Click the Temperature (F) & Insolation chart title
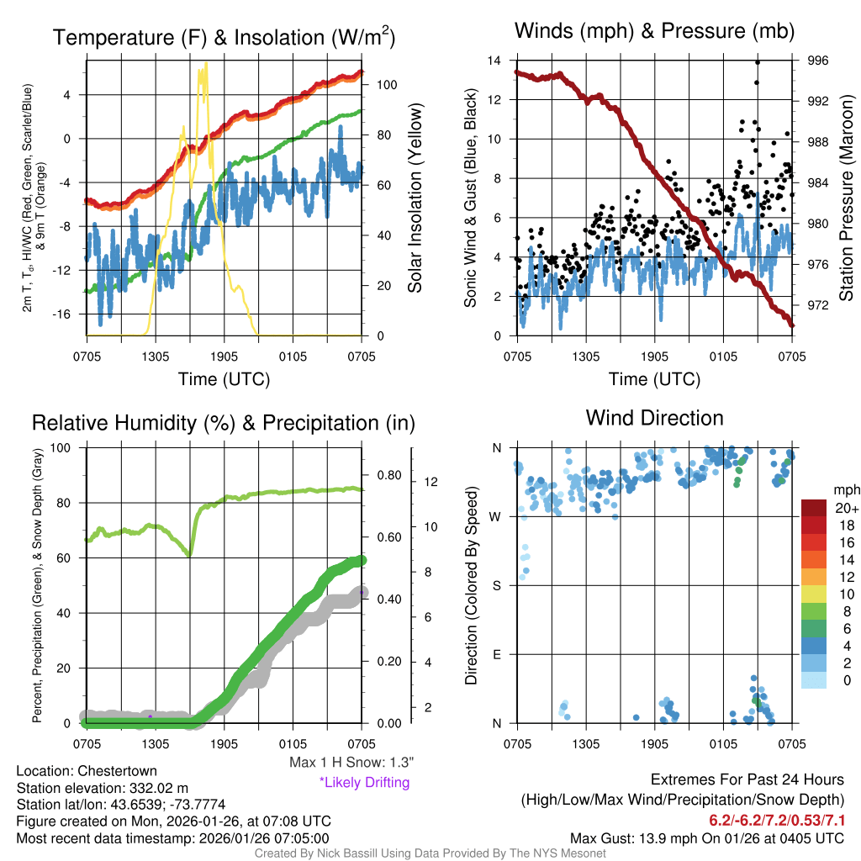[224, 37]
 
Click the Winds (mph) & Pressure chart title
[654, 31]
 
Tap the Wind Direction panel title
[654, 417]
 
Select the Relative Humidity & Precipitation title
[224, 423]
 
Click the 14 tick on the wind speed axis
[494, 61]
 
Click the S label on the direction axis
[497, 584]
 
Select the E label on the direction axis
[497, 653]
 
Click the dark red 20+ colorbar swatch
[814, 508]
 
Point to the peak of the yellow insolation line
[202, 66]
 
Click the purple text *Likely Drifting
[364, 782]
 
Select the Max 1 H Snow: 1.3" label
[351, 763]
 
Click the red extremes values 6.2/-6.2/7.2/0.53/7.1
[776, 820]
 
